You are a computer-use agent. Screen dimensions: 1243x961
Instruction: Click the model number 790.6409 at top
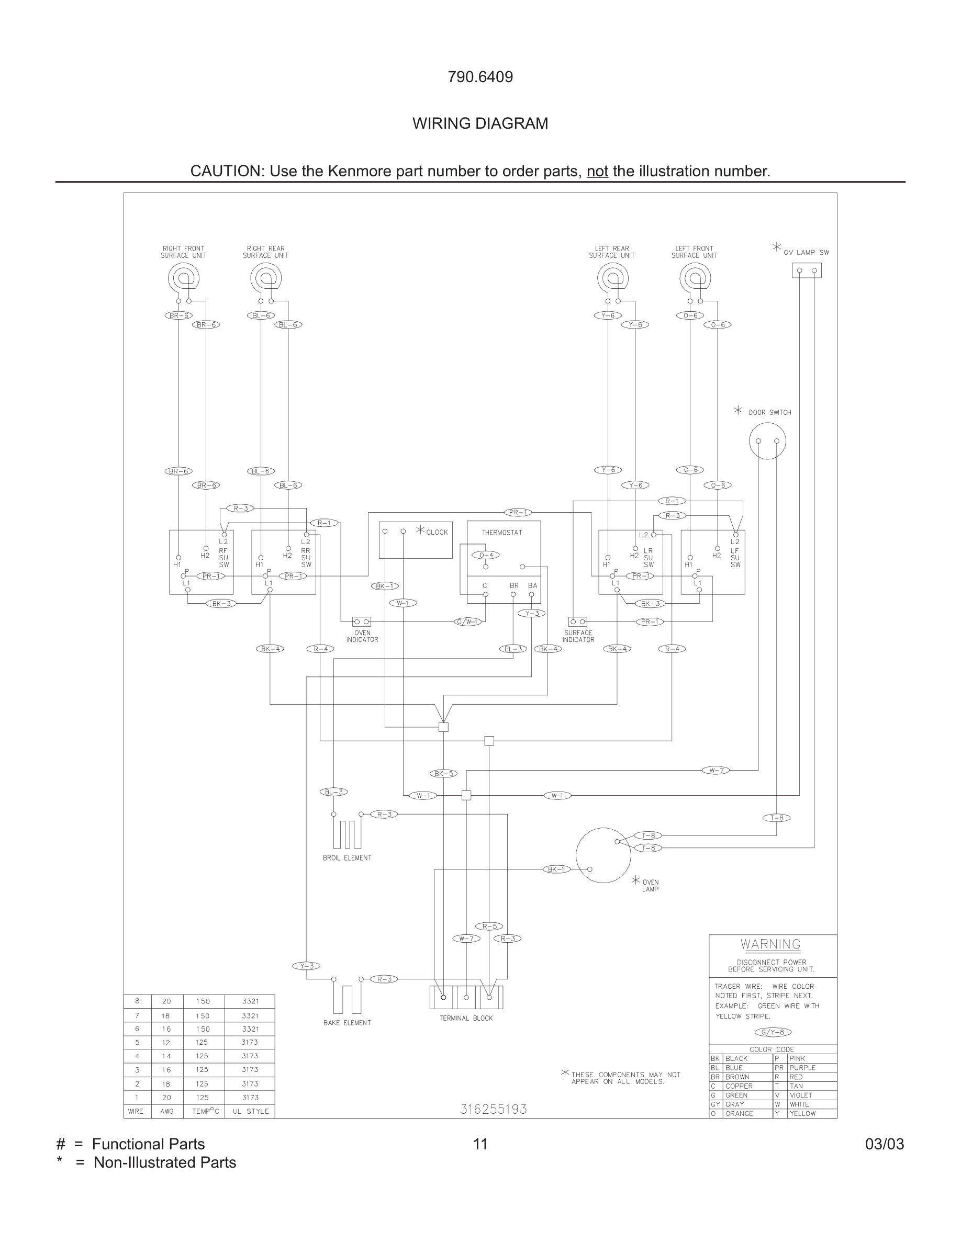coord(480,77)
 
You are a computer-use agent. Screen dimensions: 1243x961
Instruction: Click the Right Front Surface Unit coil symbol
coord(183,278)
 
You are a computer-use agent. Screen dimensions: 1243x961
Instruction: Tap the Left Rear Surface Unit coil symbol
coord(612,278)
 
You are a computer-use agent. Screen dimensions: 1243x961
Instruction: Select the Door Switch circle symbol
coord(767,441)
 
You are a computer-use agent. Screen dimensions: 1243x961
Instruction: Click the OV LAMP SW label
coord(806,253)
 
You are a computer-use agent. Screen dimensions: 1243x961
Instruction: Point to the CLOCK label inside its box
coord(437,532)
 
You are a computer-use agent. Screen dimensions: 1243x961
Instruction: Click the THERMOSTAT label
coord(501,532)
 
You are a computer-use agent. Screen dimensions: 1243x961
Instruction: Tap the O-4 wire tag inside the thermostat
coord(486,555)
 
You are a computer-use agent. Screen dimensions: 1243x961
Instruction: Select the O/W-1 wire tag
coord(468,621)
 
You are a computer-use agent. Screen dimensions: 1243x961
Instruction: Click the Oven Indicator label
coord(362,636)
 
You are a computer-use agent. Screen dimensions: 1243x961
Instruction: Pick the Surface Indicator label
coord(578,636)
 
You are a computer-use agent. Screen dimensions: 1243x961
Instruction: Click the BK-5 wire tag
coord(443,773)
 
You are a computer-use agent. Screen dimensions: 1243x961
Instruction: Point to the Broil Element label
coord(347,857)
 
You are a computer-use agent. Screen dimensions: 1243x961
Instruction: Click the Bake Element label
coord(347,1023)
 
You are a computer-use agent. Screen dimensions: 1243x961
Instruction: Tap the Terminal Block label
coord(466,1018)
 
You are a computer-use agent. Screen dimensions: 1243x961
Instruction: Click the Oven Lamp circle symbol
coord(603,855)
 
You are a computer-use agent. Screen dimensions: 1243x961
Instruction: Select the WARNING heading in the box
coord(770,944)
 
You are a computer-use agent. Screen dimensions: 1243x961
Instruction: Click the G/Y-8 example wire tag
coord(773,1032)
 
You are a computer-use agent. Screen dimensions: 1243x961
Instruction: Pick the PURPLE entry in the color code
coord(802,1068)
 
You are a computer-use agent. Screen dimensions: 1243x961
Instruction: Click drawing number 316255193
coord(493,1109)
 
